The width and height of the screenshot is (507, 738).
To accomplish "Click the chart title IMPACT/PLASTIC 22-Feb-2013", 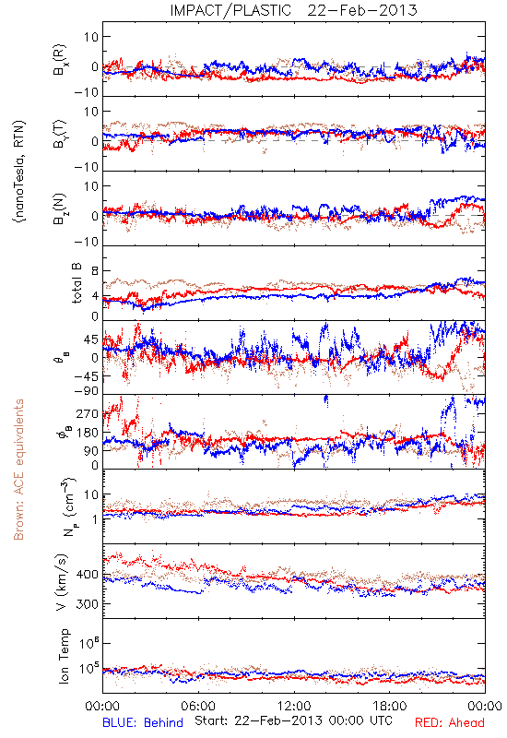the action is [293, 10].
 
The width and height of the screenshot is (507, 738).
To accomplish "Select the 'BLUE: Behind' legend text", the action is [143, 722].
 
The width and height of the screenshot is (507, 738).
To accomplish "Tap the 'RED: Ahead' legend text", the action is [450, 722].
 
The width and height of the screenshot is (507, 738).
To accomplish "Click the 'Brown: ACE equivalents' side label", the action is [18, 470].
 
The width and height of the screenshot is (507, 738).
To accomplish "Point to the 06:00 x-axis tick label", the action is [198, 706].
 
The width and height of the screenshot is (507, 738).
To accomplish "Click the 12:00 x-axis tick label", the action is [294, 706].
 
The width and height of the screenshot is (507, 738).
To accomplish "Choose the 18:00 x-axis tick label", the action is [390, 706].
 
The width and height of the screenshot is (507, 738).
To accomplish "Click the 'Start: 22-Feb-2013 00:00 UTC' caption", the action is [293, 720].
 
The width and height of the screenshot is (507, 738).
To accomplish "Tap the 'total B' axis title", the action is [77, 283].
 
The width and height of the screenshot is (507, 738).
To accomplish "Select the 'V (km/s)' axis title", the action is [62, 582].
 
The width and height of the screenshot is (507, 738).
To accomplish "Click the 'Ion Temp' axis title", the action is [64, 656].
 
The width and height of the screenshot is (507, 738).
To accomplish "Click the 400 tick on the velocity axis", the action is [88, 574].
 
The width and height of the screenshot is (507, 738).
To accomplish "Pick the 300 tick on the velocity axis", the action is [88, 604].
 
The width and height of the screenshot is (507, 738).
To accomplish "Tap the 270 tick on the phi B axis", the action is [88, 413].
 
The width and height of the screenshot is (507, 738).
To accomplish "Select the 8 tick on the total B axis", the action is [95, 271].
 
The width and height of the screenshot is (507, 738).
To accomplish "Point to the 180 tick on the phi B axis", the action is [88, 432].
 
